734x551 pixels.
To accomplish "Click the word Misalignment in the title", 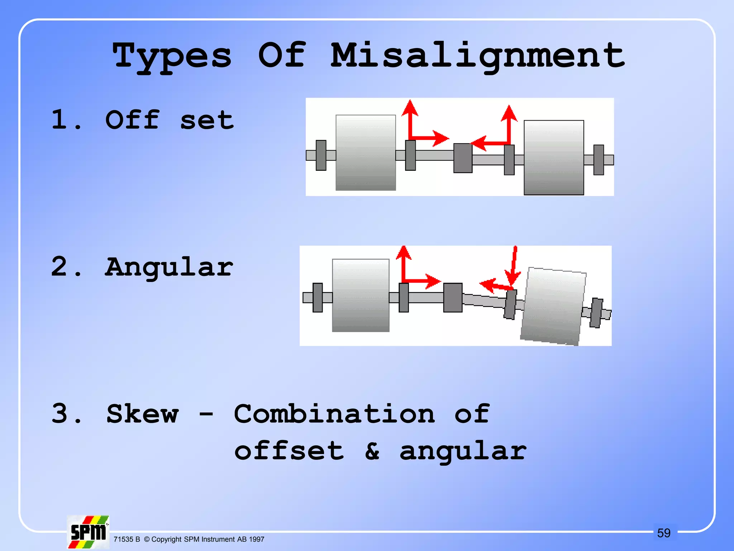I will pyautogui.click(x=477, y=56).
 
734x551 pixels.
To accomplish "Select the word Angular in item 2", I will pyautogui.click(x=169, y=267).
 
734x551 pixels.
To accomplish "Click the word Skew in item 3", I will pyautogui.click(x=142, y=414).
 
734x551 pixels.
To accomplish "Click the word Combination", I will pyautogui.click(x=334, y=414).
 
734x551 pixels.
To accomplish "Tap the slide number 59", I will pyautogui.click(x=663, y=533).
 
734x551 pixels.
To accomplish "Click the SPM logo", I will pyautogui.click(x=88, y=532).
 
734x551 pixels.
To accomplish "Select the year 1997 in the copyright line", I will pyautogui.click(x=256, y=540).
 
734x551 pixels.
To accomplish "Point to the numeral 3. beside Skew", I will pyautogui.click(x=66, y=414).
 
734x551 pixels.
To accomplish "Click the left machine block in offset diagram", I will pyautogui.click(x=366, y=152).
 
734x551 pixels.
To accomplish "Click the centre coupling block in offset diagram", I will pyautogui.click(x=463, y=158).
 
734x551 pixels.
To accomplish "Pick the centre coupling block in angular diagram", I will pyautogui.click(x=453, y=297).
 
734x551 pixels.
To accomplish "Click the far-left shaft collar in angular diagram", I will pyautogui.click(x=318, y=297).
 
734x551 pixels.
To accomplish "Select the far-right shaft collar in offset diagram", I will pyautogui.click(x=599, y=160).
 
